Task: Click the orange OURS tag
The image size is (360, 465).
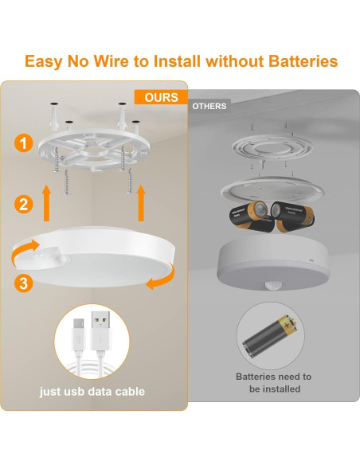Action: tap(162, 97)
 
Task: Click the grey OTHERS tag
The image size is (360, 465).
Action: tap(209, 106)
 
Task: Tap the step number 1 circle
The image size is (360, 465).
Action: tap(25, 144)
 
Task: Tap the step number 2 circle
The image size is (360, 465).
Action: tap(25, 205)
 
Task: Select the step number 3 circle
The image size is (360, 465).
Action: tap(25, 281)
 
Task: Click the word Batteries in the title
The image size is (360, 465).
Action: tap(288, 61)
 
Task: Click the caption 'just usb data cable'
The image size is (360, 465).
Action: tap(93, 392)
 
